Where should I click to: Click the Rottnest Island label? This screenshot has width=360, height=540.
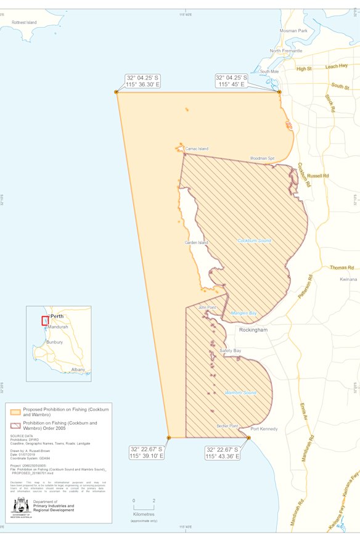(24, 22)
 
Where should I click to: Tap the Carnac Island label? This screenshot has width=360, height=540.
(197, 149)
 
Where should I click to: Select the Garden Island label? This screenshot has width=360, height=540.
(196, 243)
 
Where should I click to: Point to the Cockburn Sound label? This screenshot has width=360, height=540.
(254, 240)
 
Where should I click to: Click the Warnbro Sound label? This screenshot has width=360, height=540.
(240, 393)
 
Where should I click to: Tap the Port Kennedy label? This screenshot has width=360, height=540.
(264, 429)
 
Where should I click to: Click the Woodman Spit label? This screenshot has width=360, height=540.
(262, 158)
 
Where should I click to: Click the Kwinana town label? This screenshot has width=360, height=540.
(348, 279)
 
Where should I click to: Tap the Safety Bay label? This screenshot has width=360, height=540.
(230, 351)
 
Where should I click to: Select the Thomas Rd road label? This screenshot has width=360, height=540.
(342, 268)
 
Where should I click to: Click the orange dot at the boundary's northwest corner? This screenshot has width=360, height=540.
(117, 92)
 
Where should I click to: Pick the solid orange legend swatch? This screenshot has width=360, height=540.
(15, 411)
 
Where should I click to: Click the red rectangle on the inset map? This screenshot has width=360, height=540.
(45, 321)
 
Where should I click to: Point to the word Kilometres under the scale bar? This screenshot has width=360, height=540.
(144, 513)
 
